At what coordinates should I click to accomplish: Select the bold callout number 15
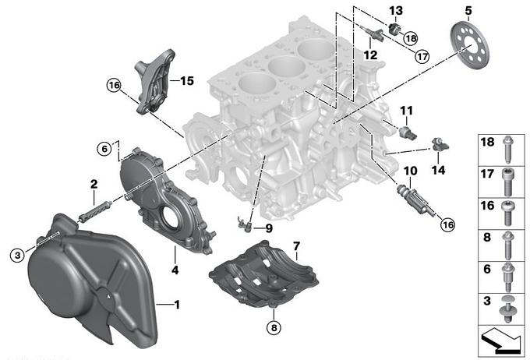coord(186,81)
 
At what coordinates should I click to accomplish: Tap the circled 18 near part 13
coord(411,38)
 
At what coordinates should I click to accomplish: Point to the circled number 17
coord(422,56)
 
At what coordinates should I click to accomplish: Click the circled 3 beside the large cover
coord(18,255)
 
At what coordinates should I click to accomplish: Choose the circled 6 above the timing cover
coord(104,149)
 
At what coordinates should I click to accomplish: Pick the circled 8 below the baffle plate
coord(274,327)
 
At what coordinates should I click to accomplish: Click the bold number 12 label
coord(370,55)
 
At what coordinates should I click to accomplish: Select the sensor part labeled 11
coord(408,132)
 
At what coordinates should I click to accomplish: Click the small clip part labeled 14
coord(440,144)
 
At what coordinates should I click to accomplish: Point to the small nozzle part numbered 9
coord(245,224)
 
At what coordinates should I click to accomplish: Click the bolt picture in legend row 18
coord(507,149)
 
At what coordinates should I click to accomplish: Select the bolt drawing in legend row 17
coord(508,182)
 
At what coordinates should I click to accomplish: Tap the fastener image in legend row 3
coord(507,309)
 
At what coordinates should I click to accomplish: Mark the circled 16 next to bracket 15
coord(114,85)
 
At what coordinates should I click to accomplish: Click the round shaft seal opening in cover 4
coord(169,217)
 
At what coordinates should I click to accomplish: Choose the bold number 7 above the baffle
coord(296,246)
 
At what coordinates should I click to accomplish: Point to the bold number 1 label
coord(177,305)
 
